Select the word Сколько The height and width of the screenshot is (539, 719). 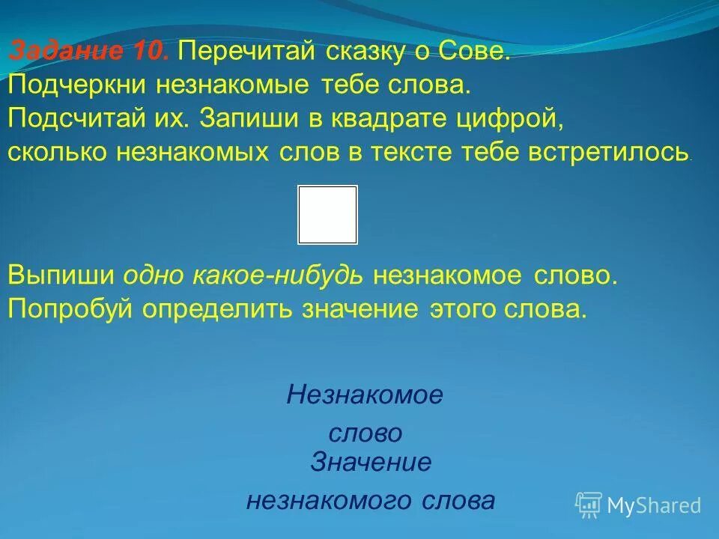pos(58,152)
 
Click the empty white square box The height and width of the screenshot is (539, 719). pos(327,215)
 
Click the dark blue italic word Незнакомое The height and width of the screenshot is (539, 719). pos(365,395)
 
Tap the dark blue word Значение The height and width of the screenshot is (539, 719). pos(371,463)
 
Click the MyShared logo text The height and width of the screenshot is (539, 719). pos(653,506)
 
